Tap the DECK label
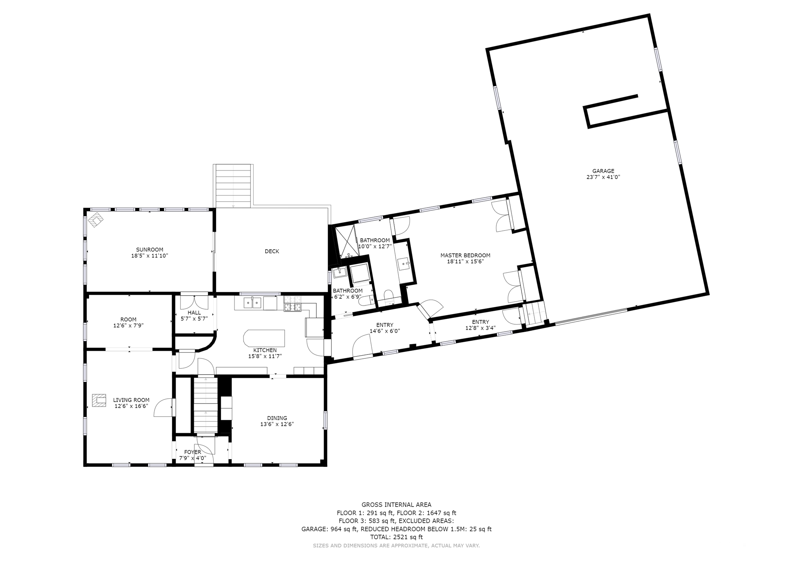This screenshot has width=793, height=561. (272, 251)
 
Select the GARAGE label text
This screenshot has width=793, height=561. (603, 171)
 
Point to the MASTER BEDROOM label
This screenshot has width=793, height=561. (465, 255)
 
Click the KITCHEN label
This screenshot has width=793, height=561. (265, 350)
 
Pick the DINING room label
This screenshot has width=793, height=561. (277, 418)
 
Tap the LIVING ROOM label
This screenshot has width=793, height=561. (131, 400)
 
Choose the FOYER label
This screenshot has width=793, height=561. (192, 452)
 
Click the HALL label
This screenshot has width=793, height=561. (194, 313)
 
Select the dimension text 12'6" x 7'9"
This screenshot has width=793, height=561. (129, 326)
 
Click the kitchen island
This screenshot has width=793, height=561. (264, 338)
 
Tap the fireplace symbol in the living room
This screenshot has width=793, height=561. (99, 401)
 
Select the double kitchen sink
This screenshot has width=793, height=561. (252, 303)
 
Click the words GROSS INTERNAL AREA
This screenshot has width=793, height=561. (396, 505)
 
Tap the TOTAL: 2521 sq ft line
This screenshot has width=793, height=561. (396, 537)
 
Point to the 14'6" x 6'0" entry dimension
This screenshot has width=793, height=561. (385, 331)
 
